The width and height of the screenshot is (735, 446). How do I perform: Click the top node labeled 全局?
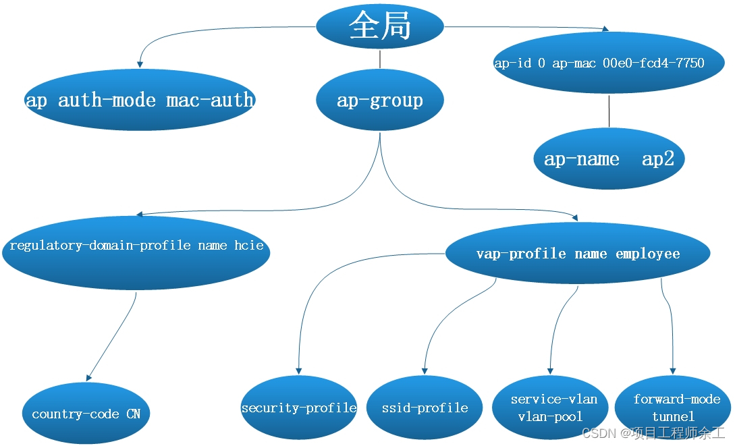380,26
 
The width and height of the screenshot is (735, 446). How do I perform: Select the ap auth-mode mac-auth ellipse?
140,100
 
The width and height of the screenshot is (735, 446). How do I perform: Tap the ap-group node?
380,100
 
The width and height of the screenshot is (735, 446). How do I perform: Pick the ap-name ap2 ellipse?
609,159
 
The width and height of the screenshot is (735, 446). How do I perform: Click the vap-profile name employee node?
578,254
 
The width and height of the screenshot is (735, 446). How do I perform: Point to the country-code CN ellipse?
86,413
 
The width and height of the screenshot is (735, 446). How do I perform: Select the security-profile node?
298,408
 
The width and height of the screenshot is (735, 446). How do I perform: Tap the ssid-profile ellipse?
425,408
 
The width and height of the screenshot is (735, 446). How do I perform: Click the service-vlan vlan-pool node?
550,408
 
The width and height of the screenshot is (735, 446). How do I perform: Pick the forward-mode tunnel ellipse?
673,408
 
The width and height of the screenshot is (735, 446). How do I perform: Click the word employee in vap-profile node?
647,254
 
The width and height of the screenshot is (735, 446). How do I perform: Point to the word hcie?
249,246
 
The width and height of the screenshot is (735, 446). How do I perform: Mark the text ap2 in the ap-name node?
657,159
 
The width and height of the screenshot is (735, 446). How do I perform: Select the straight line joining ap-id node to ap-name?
609,111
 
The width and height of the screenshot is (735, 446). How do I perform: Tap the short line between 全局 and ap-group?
380,59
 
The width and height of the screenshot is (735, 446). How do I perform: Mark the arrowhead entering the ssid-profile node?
425,370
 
